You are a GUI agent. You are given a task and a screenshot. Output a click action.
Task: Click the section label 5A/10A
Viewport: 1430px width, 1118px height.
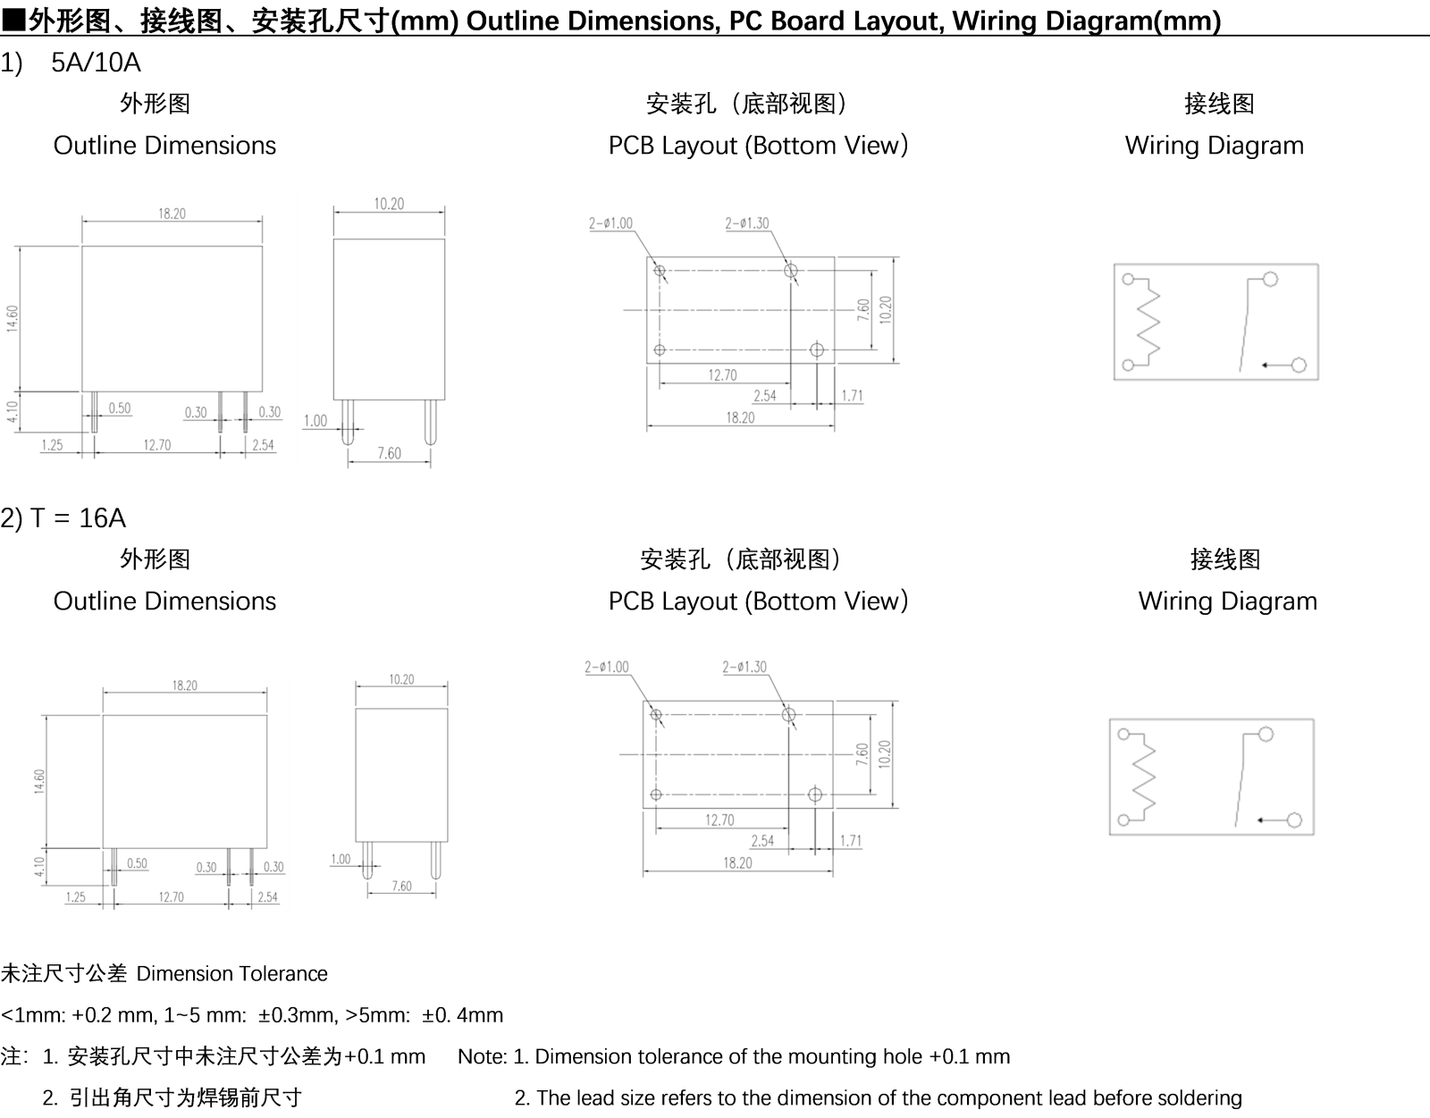[96, 63]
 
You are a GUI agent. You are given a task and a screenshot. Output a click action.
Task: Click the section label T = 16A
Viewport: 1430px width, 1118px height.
[78, 517]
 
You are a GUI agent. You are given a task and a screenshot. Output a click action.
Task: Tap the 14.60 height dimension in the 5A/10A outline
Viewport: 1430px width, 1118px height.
[13, 318]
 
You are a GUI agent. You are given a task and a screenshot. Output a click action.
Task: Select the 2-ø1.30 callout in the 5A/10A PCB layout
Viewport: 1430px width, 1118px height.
[747, 223]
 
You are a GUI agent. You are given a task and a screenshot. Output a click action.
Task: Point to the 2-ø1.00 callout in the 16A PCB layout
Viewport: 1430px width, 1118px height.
[607, 667]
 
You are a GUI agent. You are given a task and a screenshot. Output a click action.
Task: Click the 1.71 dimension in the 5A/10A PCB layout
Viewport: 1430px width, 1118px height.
[853, 396]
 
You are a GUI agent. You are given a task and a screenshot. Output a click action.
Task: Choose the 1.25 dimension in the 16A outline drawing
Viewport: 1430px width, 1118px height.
[76, 897]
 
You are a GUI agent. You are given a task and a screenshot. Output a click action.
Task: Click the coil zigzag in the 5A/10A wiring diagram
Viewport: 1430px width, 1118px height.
[1148, 321]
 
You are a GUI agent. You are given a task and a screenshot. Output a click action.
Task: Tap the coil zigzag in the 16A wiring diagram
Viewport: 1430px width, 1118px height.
[1144, 777]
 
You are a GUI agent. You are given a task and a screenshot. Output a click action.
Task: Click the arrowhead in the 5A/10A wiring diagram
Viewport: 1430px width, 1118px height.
[1265, 366]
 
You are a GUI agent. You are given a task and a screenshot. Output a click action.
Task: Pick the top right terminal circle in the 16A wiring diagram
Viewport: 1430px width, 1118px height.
[1266, 735]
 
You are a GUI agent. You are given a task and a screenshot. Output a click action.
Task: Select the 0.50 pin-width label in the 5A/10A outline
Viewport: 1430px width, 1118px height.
[120, 408]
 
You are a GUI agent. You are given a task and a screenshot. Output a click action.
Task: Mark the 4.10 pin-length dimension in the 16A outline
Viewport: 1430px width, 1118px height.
[39, 867]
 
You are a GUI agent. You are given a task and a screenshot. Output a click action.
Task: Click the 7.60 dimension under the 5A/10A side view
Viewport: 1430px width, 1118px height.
[389, 453]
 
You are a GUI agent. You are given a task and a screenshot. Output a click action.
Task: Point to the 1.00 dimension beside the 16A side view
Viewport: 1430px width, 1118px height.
[341, 860]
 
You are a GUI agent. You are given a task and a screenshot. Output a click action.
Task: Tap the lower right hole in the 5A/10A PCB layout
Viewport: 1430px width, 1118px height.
[817, 350]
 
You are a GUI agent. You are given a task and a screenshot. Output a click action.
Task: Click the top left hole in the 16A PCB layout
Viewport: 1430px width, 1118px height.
[656, 715]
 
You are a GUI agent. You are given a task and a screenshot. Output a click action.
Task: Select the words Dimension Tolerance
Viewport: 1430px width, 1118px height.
[231, 974]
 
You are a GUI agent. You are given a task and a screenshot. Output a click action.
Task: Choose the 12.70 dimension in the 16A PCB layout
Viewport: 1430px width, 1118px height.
[719, 820]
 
